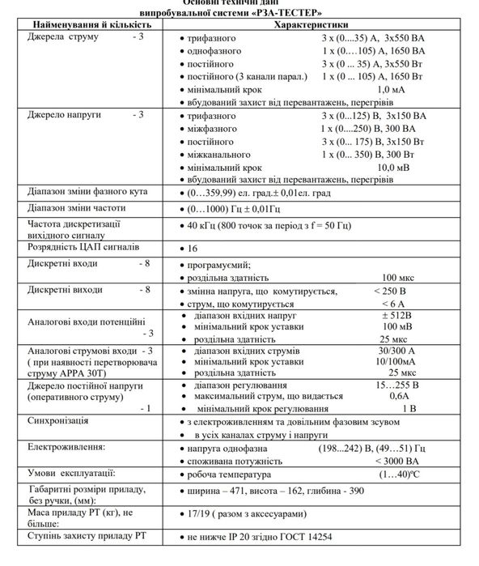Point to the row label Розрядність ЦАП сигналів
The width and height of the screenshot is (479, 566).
pyautogui.click(x=84, y=245)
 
